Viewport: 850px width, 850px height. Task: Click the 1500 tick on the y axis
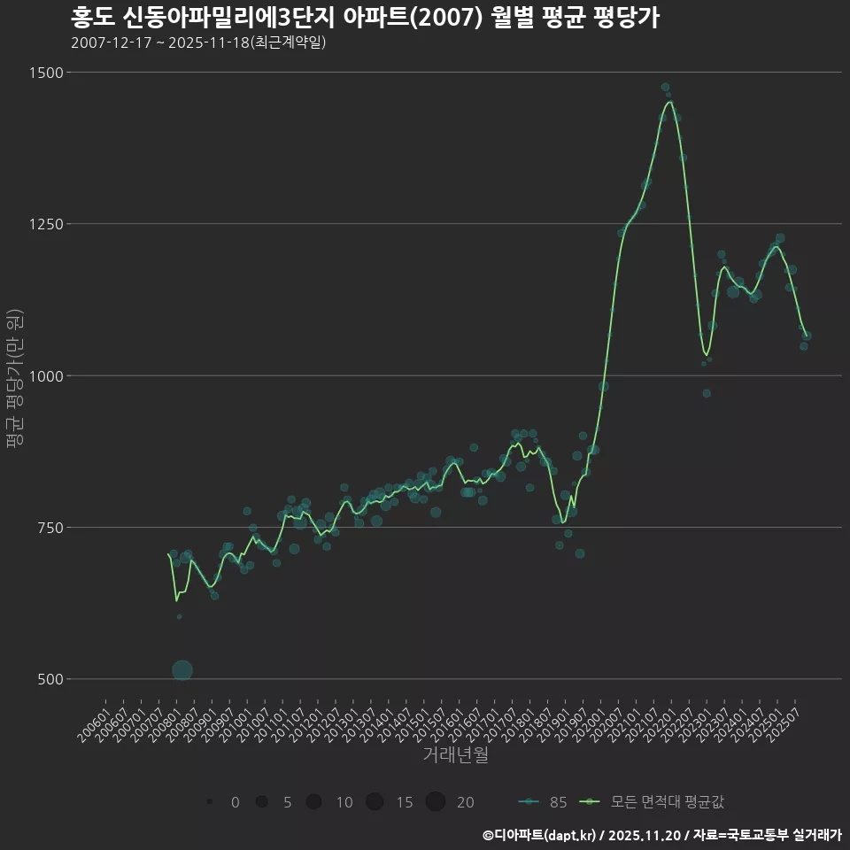45,73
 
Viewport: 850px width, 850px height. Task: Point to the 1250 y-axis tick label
45,224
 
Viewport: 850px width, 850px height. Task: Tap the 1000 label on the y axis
45,376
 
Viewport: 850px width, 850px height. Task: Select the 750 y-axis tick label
49,528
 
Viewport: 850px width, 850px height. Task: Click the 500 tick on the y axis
49,679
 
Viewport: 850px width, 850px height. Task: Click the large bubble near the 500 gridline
182,670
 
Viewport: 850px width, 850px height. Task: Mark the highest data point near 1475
665,87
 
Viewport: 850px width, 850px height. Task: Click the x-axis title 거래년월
455,754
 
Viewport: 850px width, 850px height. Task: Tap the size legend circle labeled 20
435,802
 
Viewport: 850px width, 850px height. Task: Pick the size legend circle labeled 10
313,802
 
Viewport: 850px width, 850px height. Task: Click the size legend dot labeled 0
209,802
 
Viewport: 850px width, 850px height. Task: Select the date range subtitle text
197,42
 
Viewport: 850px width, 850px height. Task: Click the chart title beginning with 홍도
364,18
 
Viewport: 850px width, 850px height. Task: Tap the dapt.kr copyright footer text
661,835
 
